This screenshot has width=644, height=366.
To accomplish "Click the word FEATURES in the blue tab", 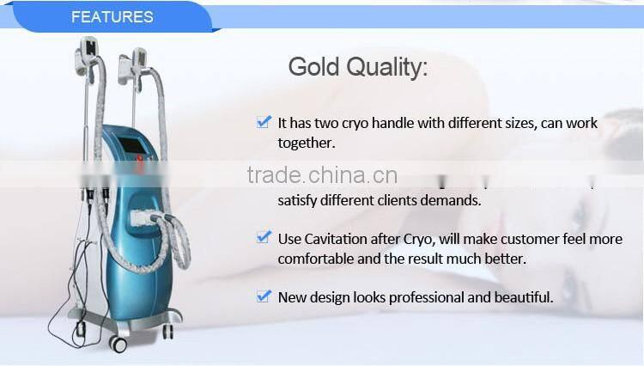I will (x=112, y=16).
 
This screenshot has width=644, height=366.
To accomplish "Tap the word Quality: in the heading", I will (x=389, y=68).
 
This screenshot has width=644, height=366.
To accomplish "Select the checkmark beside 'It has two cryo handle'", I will (x=264, y=122).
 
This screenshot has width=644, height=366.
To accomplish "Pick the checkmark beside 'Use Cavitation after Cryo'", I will (x=264, y=237).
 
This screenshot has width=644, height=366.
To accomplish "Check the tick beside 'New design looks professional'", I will (x=264, y=296).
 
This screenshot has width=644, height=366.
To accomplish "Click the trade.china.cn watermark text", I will (x=322, y=175).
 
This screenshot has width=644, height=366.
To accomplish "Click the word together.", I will (x=306, y=143).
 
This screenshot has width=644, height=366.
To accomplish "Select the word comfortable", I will (x=313, y=258).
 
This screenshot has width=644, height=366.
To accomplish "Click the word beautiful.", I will (x=521, y=297).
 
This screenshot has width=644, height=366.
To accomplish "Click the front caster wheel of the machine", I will (x=118, y=344).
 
